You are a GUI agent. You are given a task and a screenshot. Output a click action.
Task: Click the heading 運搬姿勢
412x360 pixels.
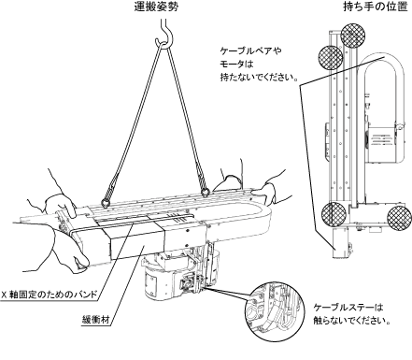pyautogui.click(x=156, y=7)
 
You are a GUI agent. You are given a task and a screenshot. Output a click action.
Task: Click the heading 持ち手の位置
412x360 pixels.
pyautogui.click(x=376, y=7)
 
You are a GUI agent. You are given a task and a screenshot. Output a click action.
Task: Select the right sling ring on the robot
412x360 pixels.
pyautogui.click(x=205, y=193)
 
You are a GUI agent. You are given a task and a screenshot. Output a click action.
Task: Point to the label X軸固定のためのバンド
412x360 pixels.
pyautogui.click(x=50, y=295)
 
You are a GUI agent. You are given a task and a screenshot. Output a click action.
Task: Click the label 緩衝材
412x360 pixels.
pyautogui.click(x=95, y=320)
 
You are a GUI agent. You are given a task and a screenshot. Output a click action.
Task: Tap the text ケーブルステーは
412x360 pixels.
pyautogui.click(x=348, y=308)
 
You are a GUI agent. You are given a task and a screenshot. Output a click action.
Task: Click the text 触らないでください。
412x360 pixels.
pyautogui.click(x=351, y=321)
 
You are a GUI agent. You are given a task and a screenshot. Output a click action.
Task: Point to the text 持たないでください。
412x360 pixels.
pyautogui.click(x=259, y=77)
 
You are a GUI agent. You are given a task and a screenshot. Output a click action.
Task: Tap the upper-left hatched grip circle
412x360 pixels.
pyautogui.click(x=331, y=58)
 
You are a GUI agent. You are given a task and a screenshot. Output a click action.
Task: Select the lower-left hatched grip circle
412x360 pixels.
pyautogui.click(x=334, y=213)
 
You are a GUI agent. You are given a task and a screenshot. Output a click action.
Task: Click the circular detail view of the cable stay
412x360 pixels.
pyautogui.click(x=273, y=310)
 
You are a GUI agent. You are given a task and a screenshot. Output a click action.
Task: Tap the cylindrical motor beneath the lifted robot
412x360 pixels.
pyautogui.click(x=160, y=283)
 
